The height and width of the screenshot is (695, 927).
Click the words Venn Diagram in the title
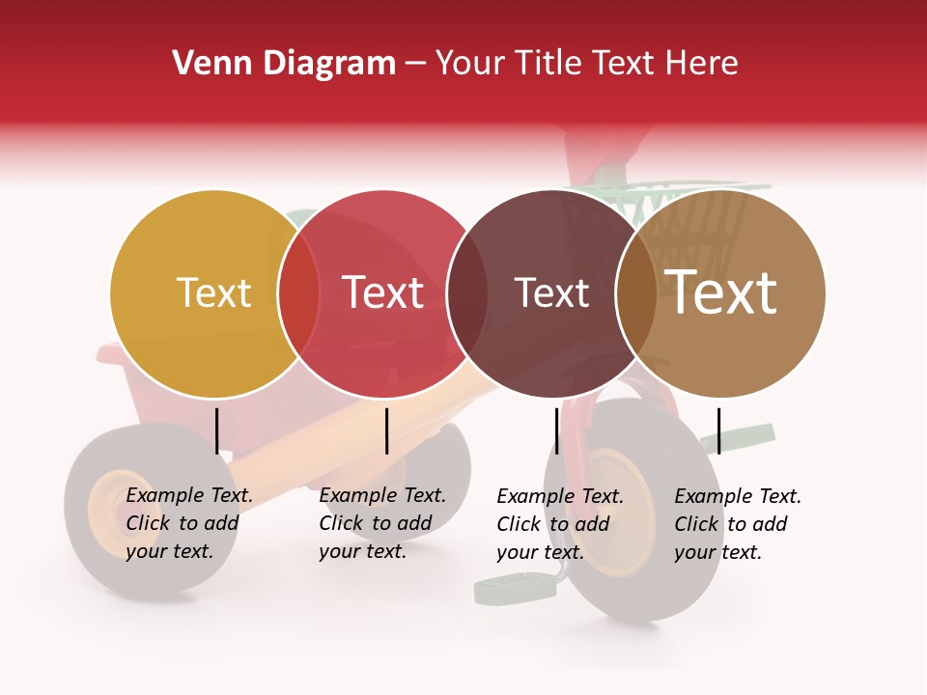pos(284,64)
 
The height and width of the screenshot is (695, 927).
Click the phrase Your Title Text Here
pos(586,64)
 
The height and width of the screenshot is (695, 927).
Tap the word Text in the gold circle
pos(213,292)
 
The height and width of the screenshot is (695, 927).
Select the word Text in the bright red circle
pos(382,292)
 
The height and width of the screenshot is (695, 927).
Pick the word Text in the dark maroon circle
pos(551,292)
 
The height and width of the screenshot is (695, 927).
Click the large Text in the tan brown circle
pos(721,292)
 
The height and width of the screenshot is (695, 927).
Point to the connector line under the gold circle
pos(217,431)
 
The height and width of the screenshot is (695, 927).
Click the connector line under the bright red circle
pos(386,431)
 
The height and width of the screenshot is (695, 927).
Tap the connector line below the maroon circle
pos(556,431)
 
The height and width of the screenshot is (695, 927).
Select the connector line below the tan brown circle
pos(718,431)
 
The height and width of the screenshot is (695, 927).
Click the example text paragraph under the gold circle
pos(188,523)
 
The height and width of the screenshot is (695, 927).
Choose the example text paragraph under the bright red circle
pos(381,523)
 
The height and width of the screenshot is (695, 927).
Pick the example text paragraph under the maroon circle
pos(559,524)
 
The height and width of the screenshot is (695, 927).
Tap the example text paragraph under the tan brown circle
pos(737,524)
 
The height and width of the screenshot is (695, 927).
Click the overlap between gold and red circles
pos(298,293)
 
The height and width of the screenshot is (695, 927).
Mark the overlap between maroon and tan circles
pos(636,293)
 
